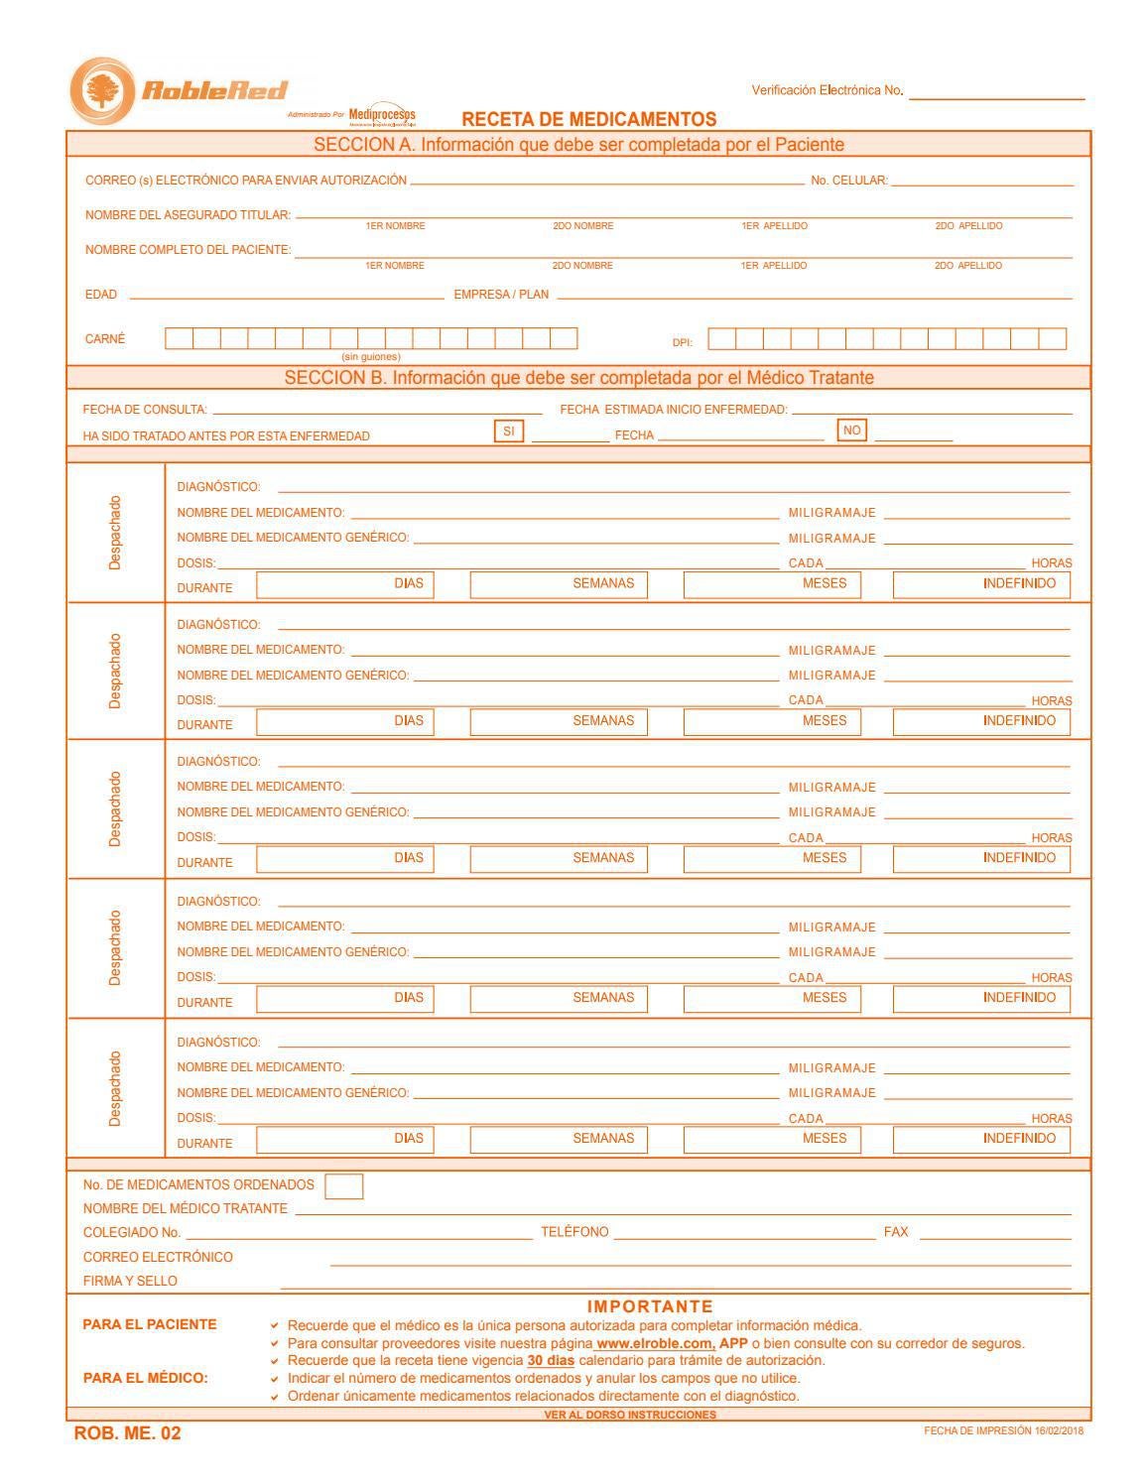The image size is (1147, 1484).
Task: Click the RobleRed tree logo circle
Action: (x=101, y=91)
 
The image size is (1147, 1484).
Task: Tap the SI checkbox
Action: (x=508, y=432)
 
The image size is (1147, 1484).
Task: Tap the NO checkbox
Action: (x=851, y=431)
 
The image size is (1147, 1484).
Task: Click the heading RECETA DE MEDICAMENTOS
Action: (x=588, y=119)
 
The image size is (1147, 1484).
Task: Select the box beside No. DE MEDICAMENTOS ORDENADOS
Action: (x=343, y=1186)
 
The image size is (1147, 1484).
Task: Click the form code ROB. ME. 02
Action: (x=128, y=1433)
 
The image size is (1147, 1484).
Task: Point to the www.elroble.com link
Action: (x=655, y=1343)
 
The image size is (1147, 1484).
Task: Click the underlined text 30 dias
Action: (x=551, y=1360)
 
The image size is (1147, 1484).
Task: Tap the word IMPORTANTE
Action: (x=650, y=1306)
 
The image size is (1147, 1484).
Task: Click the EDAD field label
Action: (x=101, y=295)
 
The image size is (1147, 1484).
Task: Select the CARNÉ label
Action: (x=105, y=339)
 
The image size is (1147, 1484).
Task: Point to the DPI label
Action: (x=683, y=342)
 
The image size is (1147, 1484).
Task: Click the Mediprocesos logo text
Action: (x=382, y=114)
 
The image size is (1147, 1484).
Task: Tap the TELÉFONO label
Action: (x=574, y=1232)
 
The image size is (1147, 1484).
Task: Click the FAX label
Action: (x=896, y=1232)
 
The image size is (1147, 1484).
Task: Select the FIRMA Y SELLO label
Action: (x=130, y=1281)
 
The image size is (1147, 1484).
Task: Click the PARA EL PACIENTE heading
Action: (x=150, y=1324)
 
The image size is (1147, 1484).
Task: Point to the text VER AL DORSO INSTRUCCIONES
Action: (x=630, y=1415)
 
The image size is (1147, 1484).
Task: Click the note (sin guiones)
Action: (x=371, y=356)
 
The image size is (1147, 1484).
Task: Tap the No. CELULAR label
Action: (x=849, y=181)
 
